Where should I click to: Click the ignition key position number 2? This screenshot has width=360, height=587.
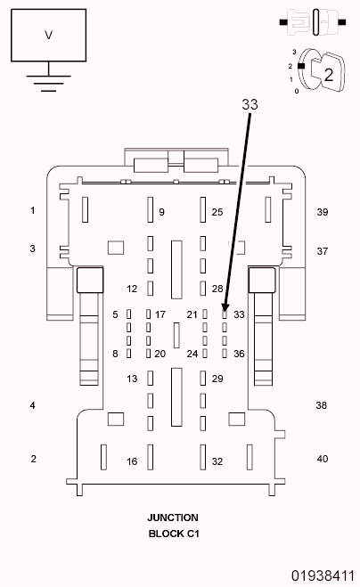(x=328, y=75)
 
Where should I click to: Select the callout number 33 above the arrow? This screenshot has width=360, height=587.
(x=250, y=104)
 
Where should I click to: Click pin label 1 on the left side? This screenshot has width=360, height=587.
(x=33, y=211)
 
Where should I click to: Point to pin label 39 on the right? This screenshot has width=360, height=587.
(x=323, y=212)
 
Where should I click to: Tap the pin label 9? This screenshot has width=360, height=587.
(x=162, y=212)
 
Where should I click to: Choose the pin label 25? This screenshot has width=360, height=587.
(x=217, y=212)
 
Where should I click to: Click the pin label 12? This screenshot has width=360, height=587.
(x=132, y=289)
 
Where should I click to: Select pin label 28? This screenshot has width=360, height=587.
(x=217, y=289)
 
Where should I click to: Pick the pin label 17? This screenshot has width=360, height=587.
(x=160, y=314)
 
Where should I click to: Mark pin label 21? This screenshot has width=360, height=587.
(x=192, y=314)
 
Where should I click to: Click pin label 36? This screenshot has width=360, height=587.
(x=239, y=354)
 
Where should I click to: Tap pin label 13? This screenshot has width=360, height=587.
(x=132, y=379)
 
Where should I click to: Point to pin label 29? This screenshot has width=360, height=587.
(x=217, y=379)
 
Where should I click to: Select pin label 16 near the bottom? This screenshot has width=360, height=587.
(x=132, y=461)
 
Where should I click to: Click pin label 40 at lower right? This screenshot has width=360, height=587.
(x=323, y=459)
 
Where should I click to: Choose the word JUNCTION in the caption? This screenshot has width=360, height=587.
(x=173, y=518)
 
